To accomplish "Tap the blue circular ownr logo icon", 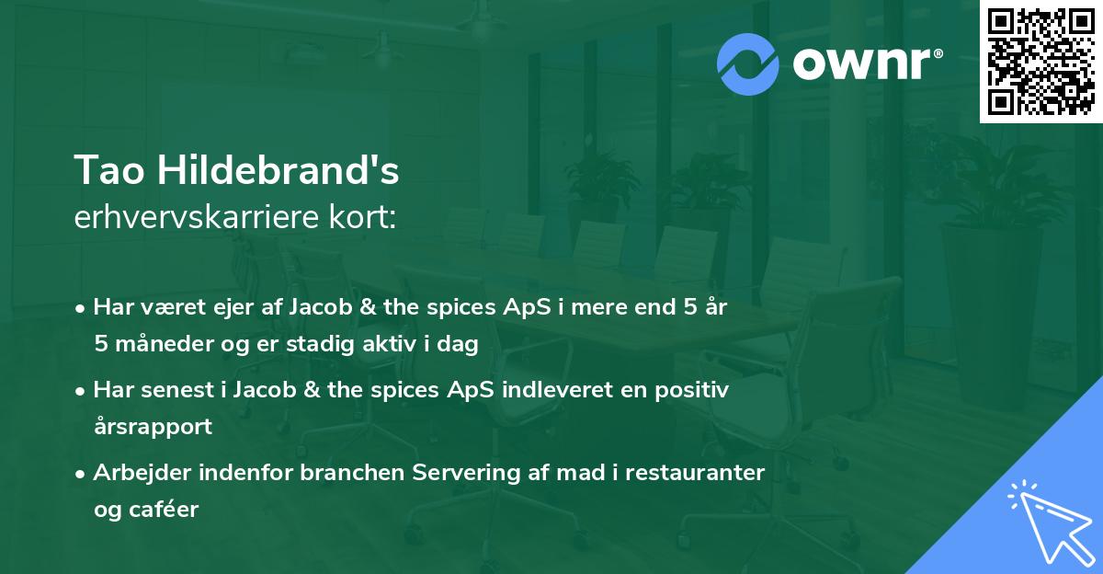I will pos(748,63).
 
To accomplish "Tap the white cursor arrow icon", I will pos(1048,524).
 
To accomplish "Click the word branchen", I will pos(348,474).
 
